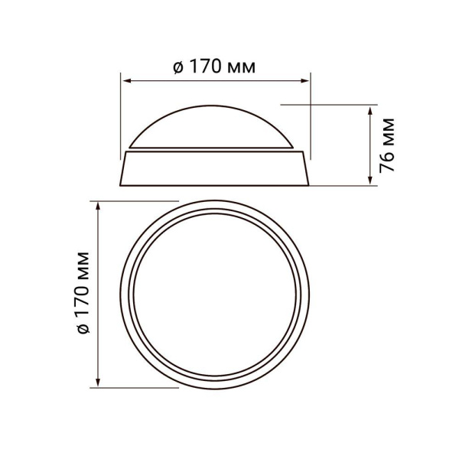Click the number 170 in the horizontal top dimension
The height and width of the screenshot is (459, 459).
click(x=207, y=67)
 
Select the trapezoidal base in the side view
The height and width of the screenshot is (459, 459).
click(x=216, y=169)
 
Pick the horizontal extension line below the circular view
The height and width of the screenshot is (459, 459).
click(x=138, y=386)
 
